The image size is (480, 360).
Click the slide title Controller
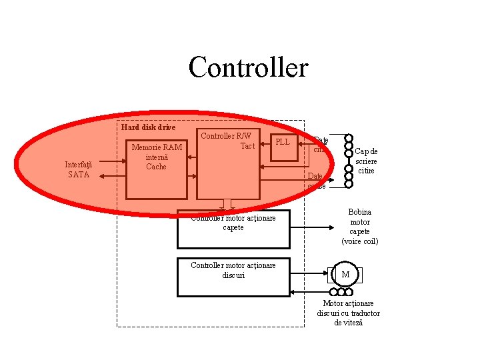click(x=248, y=67)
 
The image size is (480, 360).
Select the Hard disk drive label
click(x=148, y=127)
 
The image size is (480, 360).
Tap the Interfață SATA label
click(x=79, y=169)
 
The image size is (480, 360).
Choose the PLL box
click(x=283, y=142)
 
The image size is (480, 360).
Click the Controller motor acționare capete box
click(x=233, y=227)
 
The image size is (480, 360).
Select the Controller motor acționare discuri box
click(x=233, y=276)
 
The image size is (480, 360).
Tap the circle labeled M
click(x=345, y=275)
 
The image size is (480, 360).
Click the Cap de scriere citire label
click(x=367, y=161)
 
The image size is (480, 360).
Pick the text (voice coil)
click(x=360, y=241)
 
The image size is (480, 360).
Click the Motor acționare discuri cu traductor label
click(x=349, y=313)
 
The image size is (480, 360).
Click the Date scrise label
click(x=317, y=181)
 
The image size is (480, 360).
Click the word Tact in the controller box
click(x=247, y=145)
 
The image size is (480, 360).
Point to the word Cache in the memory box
click(x=156, y=167)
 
